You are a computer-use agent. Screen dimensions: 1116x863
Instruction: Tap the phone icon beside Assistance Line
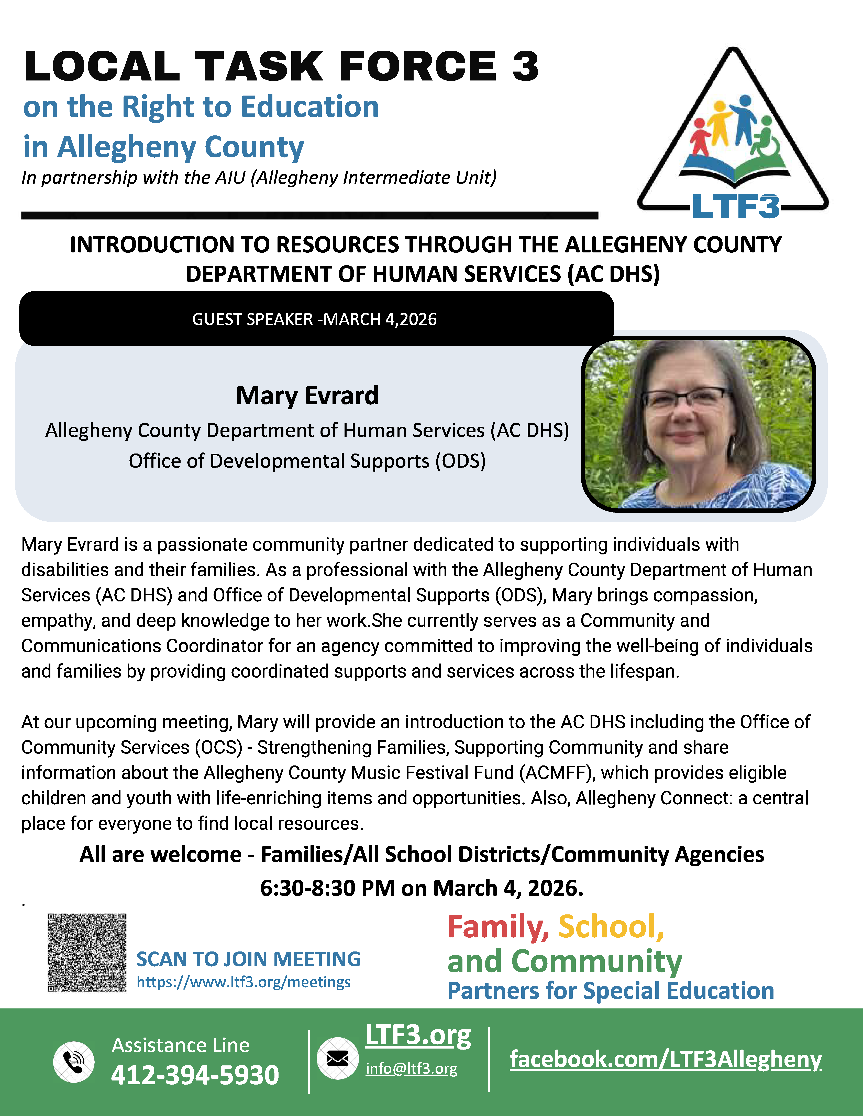[74, 1061]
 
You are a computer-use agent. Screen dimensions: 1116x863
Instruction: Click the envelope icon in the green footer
[337, 1058]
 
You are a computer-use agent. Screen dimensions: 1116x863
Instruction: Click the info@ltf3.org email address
[411, 1068]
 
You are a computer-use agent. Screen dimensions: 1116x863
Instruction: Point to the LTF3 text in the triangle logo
[735, 206]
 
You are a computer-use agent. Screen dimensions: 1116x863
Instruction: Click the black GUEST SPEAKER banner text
[314, 319]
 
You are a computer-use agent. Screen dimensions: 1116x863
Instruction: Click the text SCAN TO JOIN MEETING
[248, 959]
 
